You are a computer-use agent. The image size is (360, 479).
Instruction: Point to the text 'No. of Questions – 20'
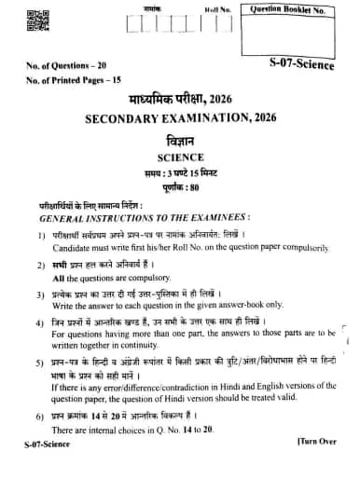[x=59, y=67]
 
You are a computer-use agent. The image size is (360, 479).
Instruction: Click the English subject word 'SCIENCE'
[x=181, y=157]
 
